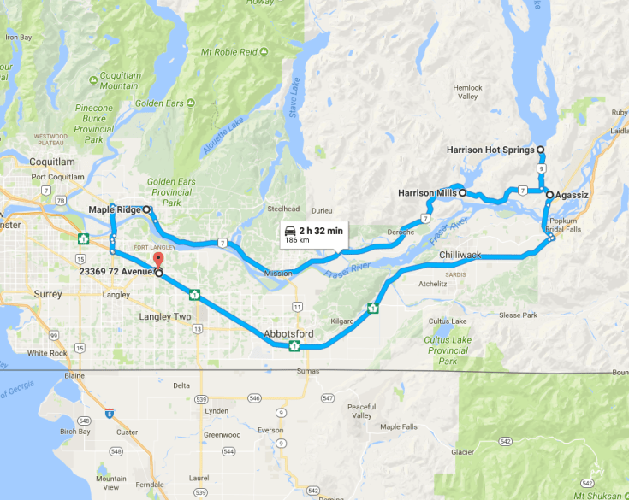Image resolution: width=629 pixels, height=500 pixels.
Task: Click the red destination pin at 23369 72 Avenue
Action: pyautogui.click(x=157, y=261)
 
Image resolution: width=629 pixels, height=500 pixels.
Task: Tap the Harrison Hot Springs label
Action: pyautogui.click(x=490, y=150)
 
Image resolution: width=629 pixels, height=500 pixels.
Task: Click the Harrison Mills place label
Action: pyautogui.click(x=427, y=193)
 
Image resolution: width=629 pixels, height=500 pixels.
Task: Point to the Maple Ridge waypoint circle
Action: pyautogui.click(x=146, y=209)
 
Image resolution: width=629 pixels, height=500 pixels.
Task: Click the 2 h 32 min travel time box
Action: pyautogui.click(x=314, y=234)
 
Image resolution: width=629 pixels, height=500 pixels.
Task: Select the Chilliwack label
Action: pyautogui.click(x=460, y=256)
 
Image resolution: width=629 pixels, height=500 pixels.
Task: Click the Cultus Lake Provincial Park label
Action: pyautogui.click(x=447, y=350)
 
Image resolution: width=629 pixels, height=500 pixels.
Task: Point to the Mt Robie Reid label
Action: pyautogui.click(x=229, y=52)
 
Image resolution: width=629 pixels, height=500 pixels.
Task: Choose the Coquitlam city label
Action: pyautogui.click(x=52, y=162)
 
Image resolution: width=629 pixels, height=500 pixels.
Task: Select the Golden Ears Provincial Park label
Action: pyautogui.click(x=169, y=192)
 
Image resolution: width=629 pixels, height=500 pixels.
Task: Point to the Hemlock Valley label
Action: pyautogui.click(x=468, y=92)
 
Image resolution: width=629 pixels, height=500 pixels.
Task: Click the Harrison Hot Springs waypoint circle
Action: pyautogui.click(x=540, y=150)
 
